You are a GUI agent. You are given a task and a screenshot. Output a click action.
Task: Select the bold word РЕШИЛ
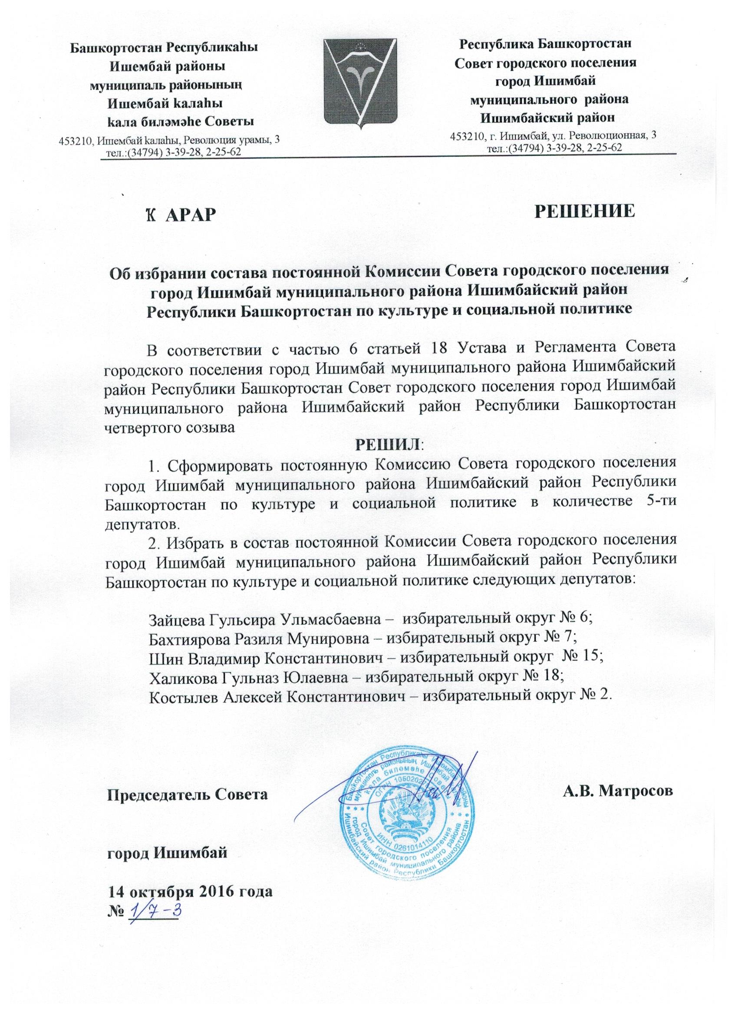[388, 445]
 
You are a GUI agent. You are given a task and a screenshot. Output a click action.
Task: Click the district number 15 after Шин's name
[593, 656]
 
